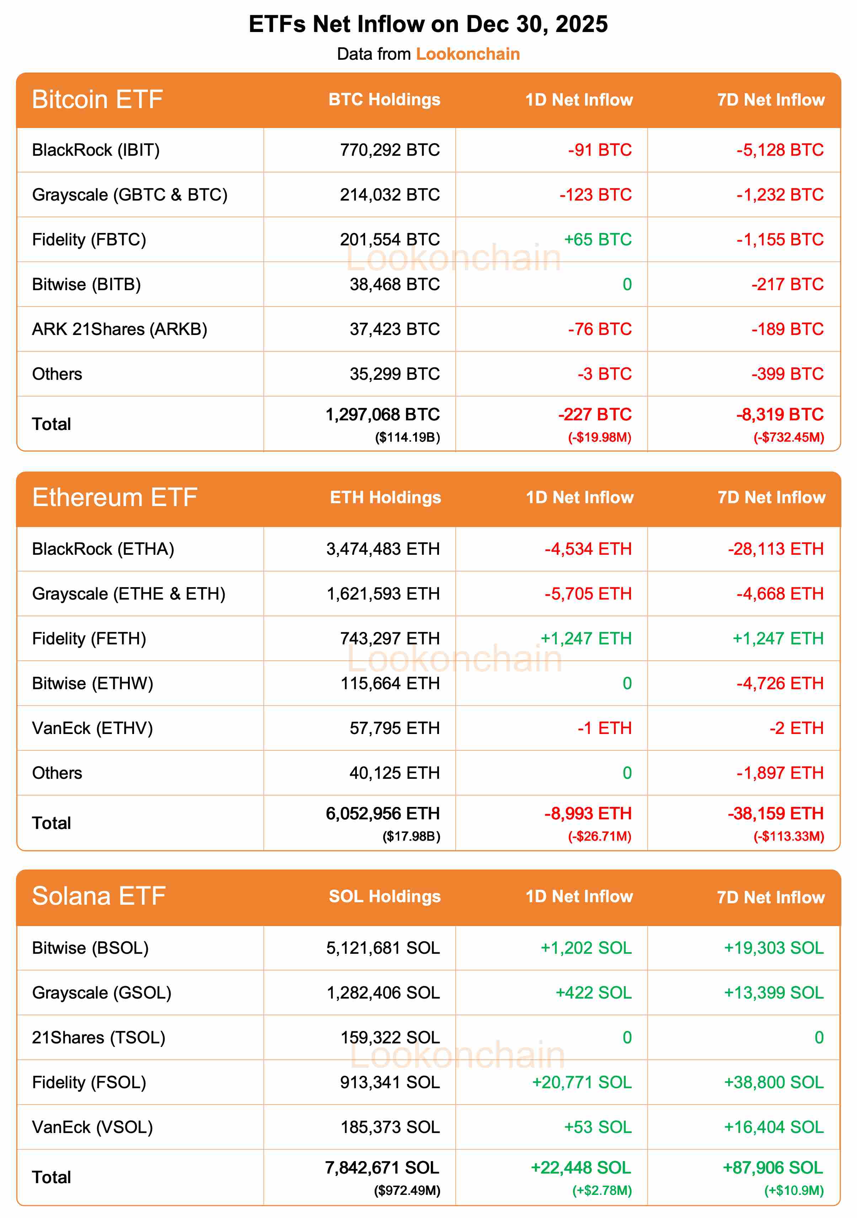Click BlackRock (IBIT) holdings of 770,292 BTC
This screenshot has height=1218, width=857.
tap(390, 150)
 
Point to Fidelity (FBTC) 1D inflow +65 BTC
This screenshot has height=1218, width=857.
tap(598, 240)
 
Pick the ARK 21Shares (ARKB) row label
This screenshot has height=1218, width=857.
tap(119, 329)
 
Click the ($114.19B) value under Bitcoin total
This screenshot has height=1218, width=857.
tap(407, 438)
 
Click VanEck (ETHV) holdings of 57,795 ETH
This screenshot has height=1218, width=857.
tap(395, 728)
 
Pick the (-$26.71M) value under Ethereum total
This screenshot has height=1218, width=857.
tap(599, 836)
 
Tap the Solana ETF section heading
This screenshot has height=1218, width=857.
tap(99, 897)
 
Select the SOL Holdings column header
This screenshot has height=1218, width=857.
tap(385, 897)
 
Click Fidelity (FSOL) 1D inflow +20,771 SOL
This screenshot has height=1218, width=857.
tap(582, 1083)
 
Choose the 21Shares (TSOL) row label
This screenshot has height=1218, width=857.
tap(99, 1038)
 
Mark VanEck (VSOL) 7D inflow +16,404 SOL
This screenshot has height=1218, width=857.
tap(774, 1127)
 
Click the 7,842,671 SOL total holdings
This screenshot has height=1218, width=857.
tap(382, 1168)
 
